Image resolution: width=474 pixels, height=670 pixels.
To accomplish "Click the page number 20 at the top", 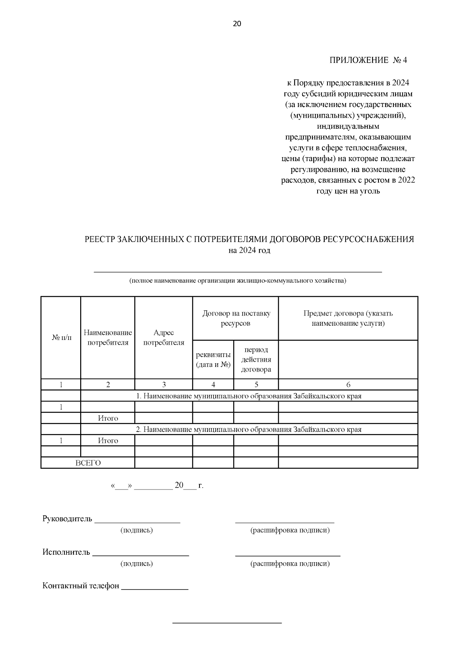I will pos(237,24).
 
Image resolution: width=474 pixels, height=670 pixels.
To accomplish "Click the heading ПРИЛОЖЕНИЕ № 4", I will pos(368,60).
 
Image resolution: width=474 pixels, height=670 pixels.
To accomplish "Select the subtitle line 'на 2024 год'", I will pos(249,251).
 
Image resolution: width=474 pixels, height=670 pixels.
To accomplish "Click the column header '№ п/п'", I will pos(62,338).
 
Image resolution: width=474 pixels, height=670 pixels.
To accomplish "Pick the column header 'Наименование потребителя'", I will pos(108,338).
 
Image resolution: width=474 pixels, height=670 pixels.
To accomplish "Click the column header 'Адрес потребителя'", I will pos(164,338).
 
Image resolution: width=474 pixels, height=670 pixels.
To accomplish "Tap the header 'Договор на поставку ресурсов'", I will pos(236,318).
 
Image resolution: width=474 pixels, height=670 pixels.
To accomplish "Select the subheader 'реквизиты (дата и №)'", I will pos(213,359).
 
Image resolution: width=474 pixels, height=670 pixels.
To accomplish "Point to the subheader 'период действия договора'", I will pos(256,359).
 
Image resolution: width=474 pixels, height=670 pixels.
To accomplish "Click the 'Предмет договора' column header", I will pos(348,318).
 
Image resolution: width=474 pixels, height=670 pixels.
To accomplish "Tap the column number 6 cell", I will pos(348,385).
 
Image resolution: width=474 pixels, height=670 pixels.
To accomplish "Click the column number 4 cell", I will pos(213,385).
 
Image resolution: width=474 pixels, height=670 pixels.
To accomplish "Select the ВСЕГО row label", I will pos(88,463).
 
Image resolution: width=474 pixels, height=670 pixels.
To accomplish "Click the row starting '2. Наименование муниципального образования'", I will pos(249,429).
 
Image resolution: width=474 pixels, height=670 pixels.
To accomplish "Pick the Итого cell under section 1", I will pos(108,418).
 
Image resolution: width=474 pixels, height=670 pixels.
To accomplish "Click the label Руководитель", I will pos(67,519).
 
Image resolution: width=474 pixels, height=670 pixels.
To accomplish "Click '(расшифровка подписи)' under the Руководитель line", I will pos(290,530).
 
